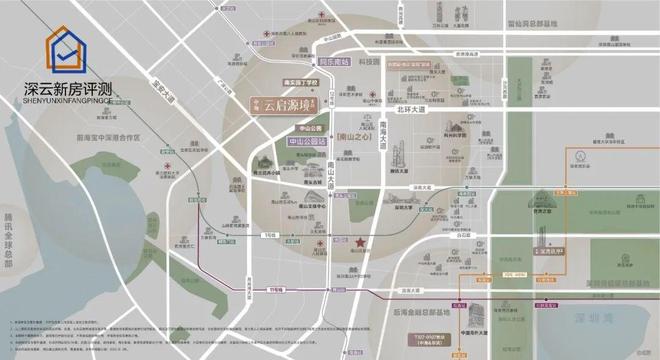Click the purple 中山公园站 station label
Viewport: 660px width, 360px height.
pyautogui.click(x=306, y=142)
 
